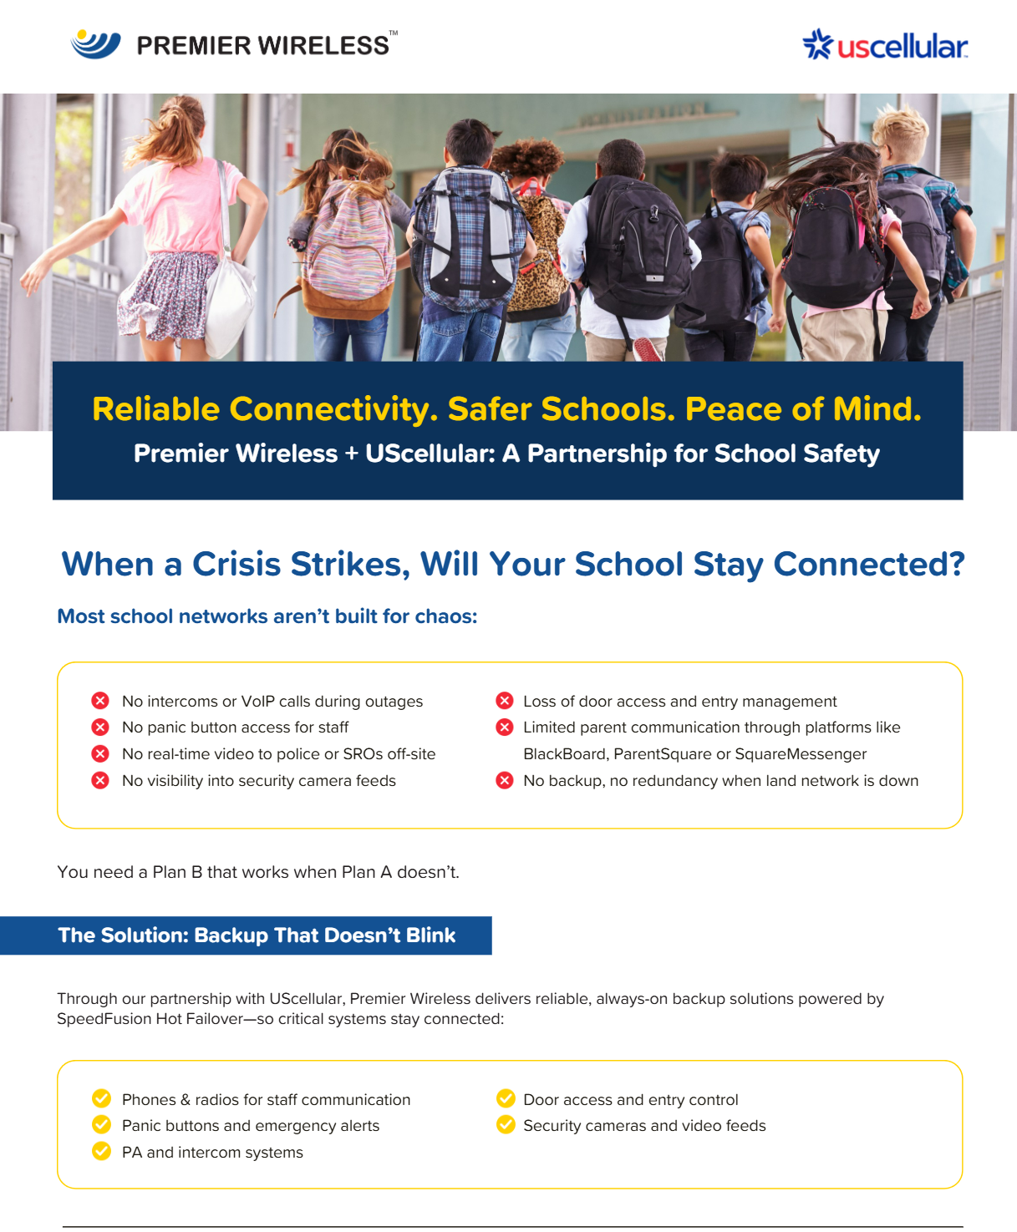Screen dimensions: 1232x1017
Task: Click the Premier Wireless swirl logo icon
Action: (95, 43)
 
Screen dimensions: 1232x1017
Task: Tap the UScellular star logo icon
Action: (817, 45)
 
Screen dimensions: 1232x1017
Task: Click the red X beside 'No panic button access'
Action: (100, 728)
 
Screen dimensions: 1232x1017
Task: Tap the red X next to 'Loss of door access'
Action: (505, 701)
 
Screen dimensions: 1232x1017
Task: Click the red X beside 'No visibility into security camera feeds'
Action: (100, 781)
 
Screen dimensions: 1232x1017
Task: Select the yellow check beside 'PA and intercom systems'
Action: (101, 1152)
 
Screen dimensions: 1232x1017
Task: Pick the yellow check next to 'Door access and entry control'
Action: (506, 1098)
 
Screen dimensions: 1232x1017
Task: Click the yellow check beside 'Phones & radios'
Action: (101, 1098)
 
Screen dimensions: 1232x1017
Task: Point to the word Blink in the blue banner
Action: (430, 935)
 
